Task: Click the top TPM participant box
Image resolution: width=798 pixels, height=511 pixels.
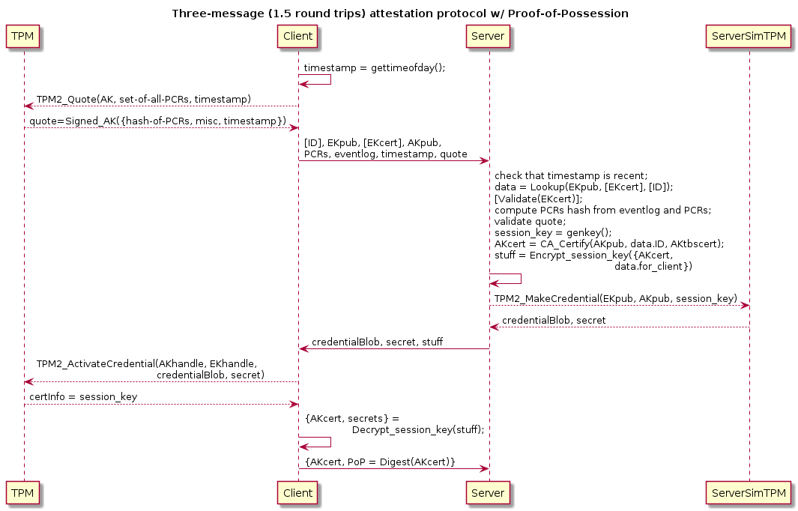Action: (22, 36)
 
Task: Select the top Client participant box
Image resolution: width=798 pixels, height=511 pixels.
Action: (297, 36)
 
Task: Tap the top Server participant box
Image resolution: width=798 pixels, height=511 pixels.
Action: (488, 36)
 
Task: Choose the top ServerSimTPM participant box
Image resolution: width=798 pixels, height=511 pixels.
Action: (749, 36)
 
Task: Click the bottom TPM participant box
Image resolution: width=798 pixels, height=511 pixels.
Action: (22, 493)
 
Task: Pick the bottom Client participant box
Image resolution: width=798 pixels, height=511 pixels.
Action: (297, 493)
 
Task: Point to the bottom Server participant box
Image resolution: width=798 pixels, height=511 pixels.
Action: (488, 493)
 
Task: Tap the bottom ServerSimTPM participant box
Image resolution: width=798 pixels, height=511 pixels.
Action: (749, 493)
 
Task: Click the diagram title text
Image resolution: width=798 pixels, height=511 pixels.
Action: (400, 13)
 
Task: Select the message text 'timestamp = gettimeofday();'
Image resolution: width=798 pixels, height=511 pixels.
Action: (375, 67)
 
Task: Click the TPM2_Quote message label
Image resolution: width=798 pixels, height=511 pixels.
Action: (144, 99)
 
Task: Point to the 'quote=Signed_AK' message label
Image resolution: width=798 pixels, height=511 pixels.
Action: (158, 121)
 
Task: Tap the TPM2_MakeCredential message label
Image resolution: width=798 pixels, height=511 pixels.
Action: (616, 298)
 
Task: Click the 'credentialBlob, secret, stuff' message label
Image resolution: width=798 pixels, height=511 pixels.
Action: (377, 342)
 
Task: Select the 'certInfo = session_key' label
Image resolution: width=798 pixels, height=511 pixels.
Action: (83, 397)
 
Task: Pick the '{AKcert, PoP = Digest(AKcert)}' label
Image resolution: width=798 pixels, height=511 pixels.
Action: (380, 462)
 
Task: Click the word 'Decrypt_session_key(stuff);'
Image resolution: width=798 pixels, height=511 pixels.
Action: (418, 430)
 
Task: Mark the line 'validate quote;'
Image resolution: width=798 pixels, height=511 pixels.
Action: (530, 221)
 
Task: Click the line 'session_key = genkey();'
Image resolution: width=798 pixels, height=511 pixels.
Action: (553, 232)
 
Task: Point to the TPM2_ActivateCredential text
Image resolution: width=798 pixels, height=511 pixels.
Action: (147, 364)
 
